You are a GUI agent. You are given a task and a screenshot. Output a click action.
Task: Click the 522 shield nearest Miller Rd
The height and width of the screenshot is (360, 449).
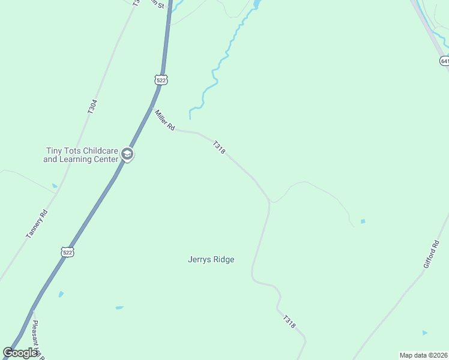(160, 80)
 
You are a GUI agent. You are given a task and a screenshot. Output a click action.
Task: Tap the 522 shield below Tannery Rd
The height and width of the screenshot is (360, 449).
(67, 252)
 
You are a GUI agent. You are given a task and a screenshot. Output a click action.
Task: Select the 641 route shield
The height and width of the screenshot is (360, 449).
(444, 61)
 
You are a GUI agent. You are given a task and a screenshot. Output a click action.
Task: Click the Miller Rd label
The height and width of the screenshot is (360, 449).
(164, 120)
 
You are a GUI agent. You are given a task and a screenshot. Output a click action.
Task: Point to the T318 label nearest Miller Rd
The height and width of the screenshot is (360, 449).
(218, 148)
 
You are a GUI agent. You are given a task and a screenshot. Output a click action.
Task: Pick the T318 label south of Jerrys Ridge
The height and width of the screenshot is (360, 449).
(289, 322)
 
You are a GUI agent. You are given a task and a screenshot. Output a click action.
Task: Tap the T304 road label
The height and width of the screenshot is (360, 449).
(92, 107)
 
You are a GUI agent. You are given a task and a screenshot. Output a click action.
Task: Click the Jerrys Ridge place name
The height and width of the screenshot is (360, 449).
(211, 260)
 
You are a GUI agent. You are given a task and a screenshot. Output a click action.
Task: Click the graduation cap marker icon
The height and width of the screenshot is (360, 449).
(127, 155)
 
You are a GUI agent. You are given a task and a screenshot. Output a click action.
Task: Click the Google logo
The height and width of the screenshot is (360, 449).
(20, 353)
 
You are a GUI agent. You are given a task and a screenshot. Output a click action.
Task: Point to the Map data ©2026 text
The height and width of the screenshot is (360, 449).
(423, 355)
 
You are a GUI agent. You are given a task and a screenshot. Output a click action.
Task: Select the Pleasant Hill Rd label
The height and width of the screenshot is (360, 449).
(37, 340)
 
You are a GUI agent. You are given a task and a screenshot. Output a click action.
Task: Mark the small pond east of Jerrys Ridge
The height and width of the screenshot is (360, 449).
(363, 221)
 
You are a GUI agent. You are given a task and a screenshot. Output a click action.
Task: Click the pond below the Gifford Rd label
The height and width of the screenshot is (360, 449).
(425, 332)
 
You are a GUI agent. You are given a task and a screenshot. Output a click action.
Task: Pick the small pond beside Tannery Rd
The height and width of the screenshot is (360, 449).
(55, 186)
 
